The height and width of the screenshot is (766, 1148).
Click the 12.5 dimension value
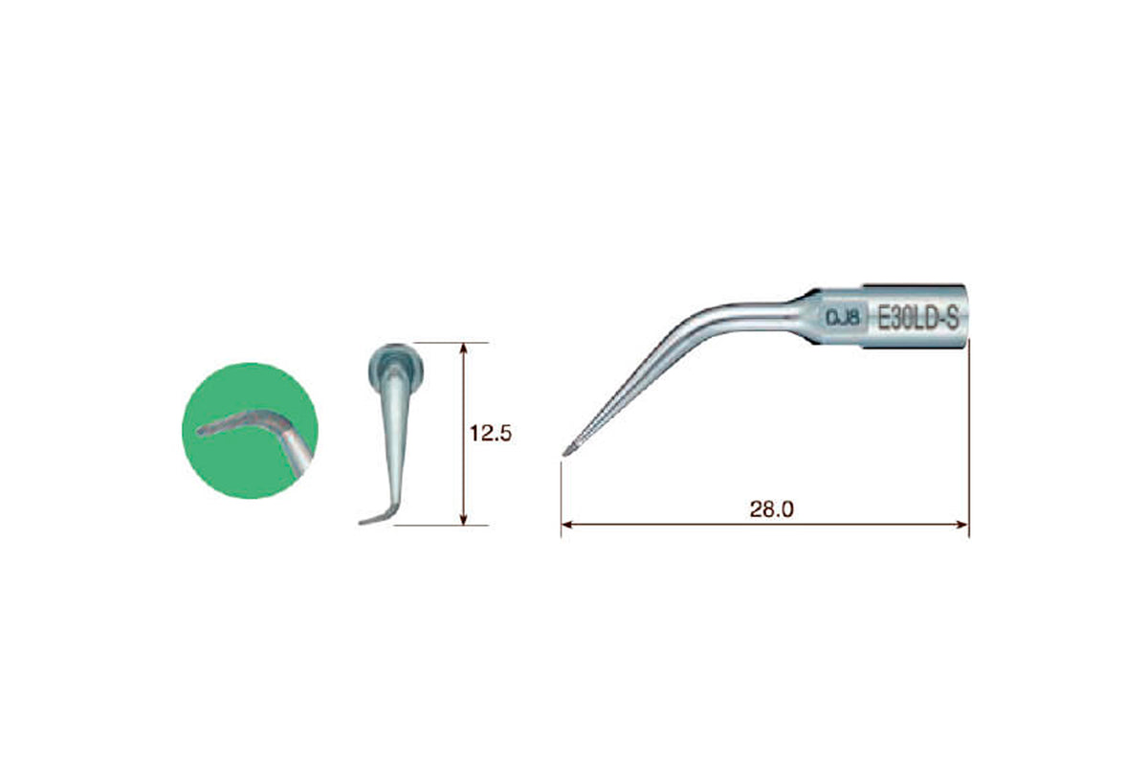(491, 434)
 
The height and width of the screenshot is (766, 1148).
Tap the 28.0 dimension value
(772, 509)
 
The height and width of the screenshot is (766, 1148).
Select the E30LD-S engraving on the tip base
(917, 318)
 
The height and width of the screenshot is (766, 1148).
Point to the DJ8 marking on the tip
(844, 319)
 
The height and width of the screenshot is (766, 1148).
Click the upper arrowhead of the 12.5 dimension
(464, 349)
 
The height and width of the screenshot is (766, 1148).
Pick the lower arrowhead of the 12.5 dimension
(464, 519)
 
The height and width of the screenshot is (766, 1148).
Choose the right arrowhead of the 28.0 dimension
(962, 525)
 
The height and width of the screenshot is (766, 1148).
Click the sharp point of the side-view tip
(563, 455)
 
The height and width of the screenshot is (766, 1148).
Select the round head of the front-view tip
(396, 366)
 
